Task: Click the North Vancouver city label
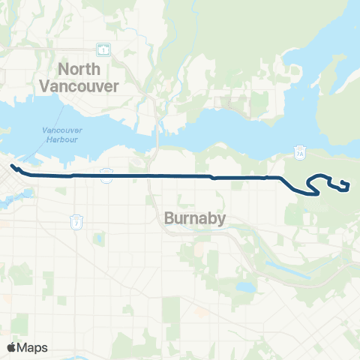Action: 88,78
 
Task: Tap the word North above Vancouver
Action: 79,70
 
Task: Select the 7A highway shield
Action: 300,151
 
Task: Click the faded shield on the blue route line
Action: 106,175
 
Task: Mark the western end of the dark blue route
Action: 12,166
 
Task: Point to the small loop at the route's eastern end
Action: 344,184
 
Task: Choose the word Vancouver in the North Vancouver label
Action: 88,86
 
